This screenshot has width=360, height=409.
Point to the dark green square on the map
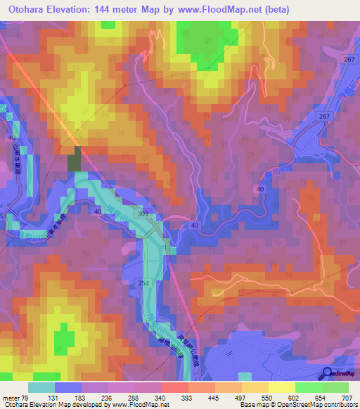[x=74, y=162]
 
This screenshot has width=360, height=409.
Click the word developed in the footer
[x=84, y=404]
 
